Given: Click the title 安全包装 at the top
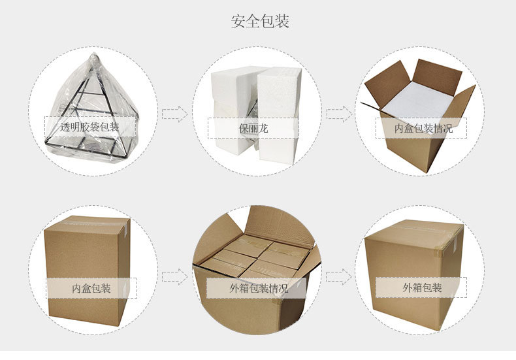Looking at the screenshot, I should [x=260, y=22].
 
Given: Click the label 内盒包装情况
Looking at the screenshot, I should [x=423, y=129].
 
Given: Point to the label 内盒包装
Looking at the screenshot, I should [x=91, y=288].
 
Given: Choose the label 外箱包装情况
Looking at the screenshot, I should [x=258, y=288].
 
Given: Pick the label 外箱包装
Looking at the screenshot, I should [x=423, y=288].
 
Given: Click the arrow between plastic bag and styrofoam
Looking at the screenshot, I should [x=174, y=114].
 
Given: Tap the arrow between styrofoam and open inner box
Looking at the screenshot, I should [x=339, y=114].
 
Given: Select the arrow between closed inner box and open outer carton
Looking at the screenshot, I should [x=174, y=276].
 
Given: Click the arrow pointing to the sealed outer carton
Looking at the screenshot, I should [x=339, y=276].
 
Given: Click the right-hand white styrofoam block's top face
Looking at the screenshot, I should [x=278, y=75].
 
